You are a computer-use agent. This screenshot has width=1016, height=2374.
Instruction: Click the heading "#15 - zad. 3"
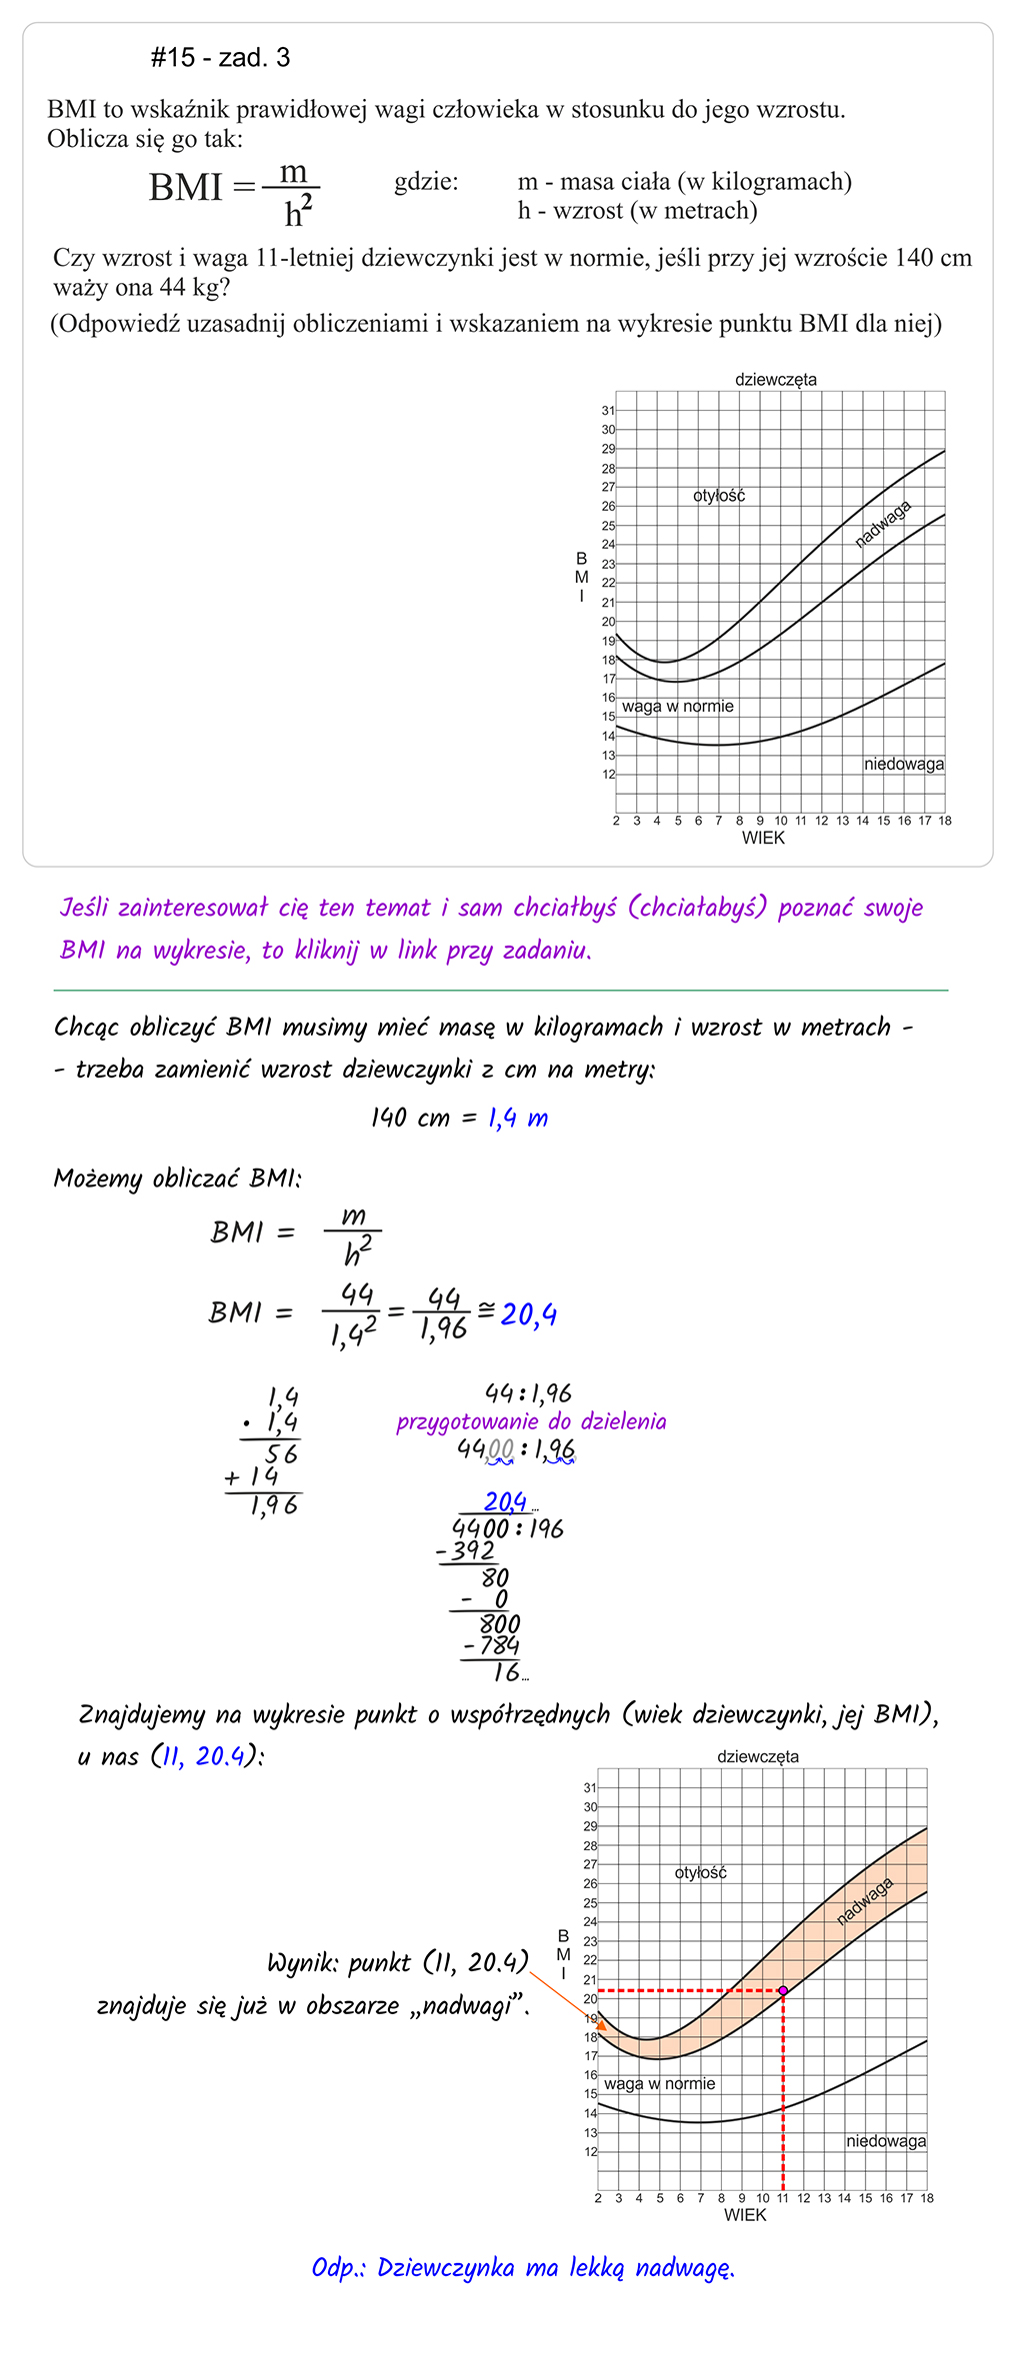click(x=220, y=58)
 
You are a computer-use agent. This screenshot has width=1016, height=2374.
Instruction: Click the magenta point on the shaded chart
click(x=783, y=1990)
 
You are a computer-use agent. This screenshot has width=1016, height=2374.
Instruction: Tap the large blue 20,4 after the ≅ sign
click(x=529, y=1313)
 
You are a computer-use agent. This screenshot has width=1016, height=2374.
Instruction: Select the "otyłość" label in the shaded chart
click(x=700, y=1872)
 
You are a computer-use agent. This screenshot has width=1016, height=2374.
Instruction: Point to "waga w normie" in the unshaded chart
click(x=677, y=706)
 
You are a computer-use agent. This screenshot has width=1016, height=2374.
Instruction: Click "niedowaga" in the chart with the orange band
click(x=886, y=2140)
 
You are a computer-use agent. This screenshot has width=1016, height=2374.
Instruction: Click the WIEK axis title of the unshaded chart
click(x=763, y=838)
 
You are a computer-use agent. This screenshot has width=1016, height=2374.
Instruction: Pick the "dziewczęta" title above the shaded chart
click(x=757, y=1755)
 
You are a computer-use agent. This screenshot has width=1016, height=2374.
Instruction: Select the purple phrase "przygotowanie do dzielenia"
click(x=531, y=1421)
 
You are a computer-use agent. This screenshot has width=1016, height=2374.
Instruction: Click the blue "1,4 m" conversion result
click(x=518, y=1118)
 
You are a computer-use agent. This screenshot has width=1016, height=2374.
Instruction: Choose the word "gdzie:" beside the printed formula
click(x=426, y=182)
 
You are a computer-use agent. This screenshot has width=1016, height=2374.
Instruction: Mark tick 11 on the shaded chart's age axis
click(x=783, y=2198)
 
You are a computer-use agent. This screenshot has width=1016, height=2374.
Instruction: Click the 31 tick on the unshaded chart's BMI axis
click(x=608, y=410)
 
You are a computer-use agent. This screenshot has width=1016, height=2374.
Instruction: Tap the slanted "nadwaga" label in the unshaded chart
click(x=883, y=524)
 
